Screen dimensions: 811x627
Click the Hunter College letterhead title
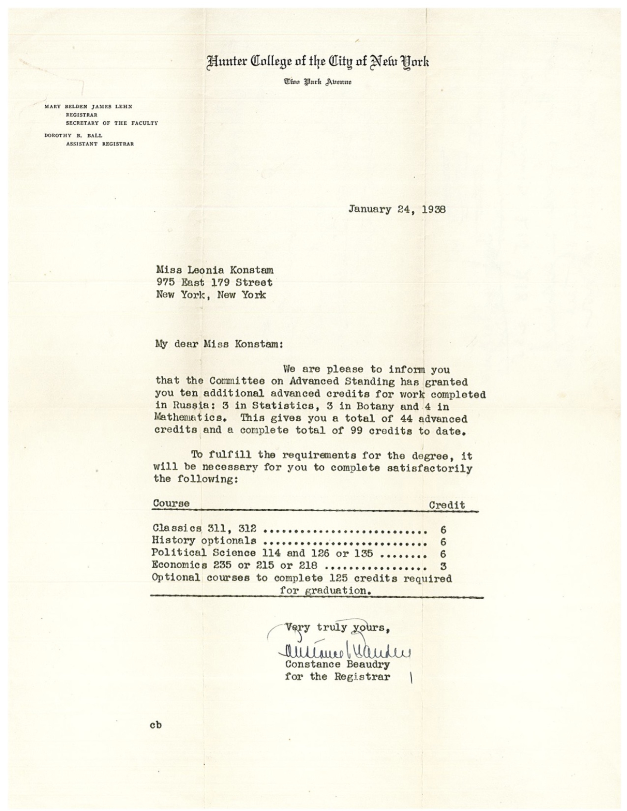coord(317,62)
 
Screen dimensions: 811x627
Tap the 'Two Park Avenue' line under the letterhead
coord(317,81)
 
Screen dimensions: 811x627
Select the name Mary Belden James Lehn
coord(88,107)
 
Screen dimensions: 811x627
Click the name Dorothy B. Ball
coord(73,135)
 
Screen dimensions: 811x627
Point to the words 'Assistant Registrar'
coord(100,144)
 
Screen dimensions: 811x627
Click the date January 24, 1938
coord(397,209)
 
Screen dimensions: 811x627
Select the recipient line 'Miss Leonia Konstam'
coord(215,270)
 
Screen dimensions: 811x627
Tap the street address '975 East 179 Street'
coord(214,282)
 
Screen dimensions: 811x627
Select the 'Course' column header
coord(171,503)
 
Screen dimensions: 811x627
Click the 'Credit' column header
coord(447,505)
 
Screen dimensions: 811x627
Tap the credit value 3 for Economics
coord(443,566)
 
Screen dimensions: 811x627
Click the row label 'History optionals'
coord(204,541)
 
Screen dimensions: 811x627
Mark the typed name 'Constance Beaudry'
coord(337,664)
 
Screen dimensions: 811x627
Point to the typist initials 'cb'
coord(155,725)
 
